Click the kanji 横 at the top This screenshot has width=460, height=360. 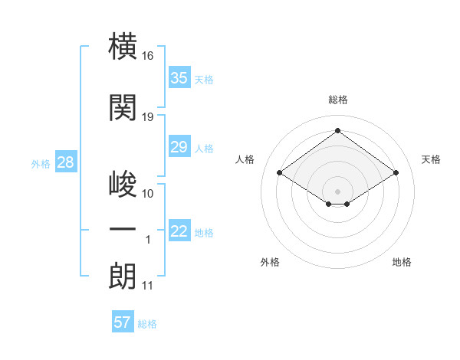pos(123,46)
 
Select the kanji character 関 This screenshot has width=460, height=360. pos(123,107)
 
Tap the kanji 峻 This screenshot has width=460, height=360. pos(123,184)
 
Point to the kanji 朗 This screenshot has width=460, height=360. pos(123,276)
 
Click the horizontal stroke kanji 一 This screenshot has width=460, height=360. pos(123,229)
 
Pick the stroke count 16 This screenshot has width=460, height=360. pos(147,56)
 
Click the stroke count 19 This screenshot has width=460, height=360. pos(147,117)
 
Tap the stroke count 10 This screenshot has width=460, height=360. pos(147,194)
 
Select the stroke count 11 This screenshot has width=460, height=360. pos(147,286)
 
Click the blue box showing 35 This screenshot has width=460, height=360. pos(179,77)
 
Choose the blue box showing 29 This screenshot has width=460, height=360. pos(179,146)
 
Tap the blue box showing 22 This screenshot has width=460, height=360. pos(179,230)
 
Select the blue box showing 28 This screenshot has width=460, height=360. pos(66,162)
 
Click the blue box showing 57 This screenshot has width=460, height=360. pos(123,321)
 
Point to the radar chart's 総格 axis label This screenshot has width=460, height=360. pos(338,100)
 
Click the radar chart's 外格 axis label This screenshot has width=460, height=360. pos(270,262)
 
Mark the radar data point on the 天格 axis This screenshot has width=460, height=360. pos(396,172)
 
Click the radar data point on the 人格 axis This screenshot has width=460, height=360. pos(280,172)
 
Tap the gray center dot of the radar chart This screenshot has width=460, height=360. pos(337,191)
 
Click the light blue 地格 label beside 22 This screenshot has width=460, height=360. pos(204,233)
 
